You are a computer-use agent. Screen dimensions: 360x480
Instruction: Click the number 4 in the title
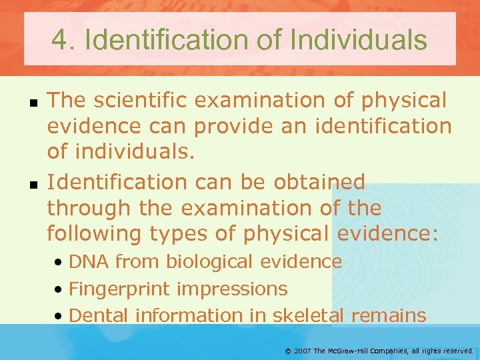[x=61, y=40]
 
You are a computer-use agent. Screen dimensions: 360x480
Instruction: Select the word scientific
[x=138, y=100]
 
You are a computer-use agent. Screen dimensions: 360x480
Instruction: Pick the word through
[x=89, y=208]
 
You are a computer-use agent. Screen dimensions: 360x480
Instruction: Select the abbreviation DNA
[x=89, y=262]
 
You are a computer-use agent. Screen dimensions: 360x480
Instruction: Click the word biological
[x=210, y=262]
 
